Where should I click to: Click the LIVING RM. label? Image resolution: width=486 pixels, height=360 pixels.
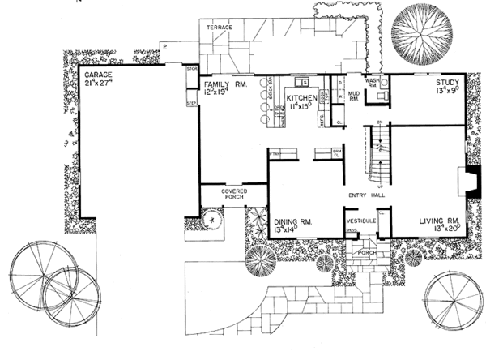point(440,220)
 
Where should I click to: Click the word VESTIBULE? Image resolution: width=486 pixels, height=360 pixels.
point(361,221)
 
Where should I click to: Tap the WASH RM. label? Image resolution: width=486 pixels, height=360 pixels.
point(373,84)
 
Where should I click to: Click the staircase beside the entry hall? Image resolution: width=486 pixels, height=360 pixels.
point(375,149)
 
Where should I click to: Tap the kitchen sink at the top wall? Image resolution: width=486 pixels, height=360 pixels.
point(301,80)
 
